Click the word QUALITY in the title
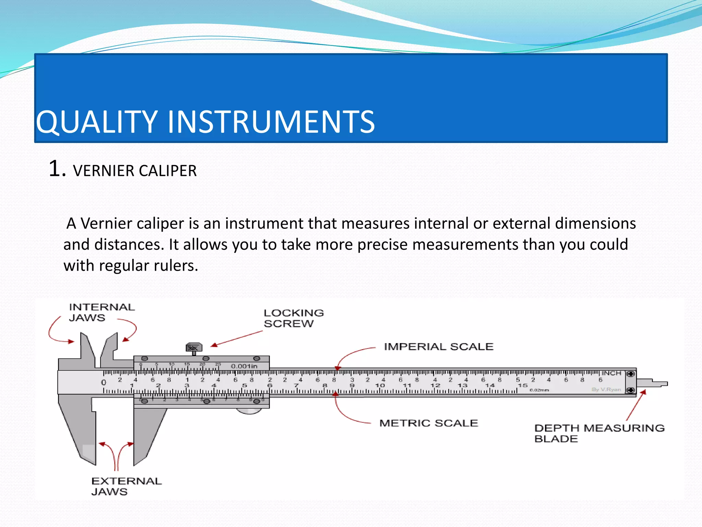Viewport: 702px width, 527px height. click(x=97, y=122)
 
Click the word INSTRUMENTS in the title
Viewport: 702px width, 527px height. click(x=271, y=122)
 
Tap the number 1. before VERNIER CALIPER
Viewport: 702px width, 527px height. click(x=57, y=169)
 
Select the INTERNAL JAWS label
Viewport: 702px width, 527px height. click(x=101, y=312)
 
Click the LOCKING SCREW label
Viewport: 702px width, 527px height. click(x=293, y=318)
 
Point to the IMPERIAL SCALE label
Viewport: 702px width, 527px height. click(x=438, y=347)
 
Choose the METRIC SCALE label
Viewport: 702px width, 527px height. click(x=428, y=423)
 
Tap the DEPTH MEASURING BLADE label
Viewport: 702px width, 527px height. click(x=599, y=433)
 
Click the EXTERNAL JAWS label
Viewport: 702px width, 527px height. click(x=126, y=486)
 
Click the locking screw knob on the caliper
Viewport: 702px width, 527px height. click(x=194, y=348)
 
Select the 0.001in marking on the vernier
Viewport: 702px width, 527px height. click(x=244, y=366)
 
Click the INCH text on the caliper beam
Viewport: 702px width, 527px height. click(x=612, y=373)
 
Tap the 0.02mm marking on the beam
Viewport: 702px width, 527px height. click(x=539, y=390)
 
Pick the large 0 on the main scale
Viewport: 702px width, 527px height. click(x=104, y=382)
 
